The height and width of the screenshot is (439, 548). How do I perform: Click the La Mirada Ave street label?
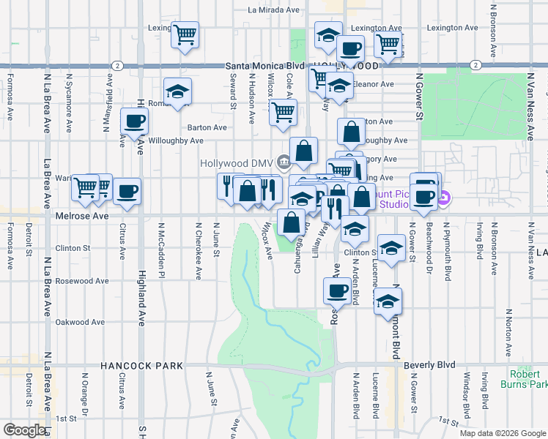coord(275,10)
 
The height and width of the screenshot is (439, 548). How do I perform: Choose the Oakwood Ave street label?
coord(81,322)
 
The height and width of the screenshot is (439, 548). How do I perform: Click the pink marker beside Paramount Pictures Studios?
coord(443,197)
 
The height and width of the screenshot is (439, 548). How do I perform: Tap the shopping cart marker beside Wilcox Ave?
coord(283,113)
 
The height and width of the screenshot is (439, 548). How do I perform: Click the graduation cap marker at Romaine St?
coord(177,91)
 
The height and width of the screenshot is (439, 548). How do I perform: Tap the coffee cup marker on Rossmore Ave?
coord(337,290)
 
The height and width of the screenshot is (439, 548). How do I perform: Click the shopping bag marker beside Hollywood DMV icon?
coord(303,151)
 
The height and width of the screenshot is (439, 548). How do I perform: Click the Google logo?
coord(24,430)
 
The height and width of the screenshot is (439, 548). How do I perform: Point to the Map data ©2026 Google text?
coord(503,433)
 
